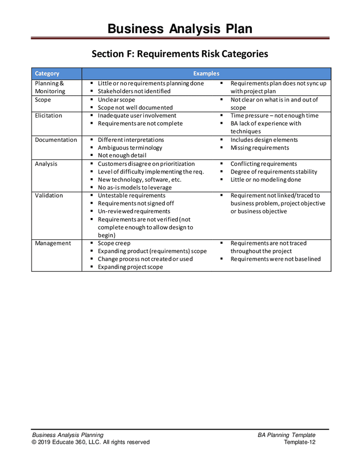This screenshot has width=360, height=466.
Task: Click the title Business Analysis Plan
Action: pos(180,28)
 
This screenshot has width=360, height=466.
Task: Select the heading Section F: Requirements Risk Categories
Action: pos(180,53)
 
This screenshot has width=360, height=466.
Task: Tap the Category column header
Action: pos(47,74)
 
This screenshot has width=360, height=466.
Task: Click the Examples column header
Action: pos(206,74)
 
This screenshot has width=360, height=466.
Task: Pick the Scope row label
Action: pos(43,100)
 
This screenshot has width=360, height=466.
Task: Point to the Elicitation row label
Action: pos(48,115)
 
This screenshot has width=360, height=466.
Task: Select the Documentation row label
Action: pos(56,140)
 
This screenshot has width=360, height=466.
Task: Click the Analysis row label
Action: pos(46,164)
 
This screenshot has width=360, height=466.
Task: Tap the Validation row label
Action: pos(49,196)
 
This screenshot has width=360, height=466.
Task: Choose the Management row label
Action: pos(53,243)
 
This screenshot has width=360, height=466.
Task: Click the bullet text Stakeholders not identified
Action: pos(134,92)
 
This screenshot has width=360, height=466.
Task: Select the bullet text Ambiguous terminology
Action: pos(130,148)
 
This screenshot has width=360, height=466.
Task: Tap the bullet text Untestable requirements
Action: pos(132,196)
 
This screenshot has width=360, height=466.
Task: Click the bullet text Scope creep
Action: pos(114,243)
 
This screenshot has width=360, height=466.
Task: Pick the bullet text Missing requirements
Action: pos(260,148)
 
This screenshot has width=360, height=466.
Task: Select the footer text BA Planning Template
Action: pos(286,435)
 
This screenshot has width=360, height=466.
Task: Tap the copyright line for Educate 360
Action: pos(91,442)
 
